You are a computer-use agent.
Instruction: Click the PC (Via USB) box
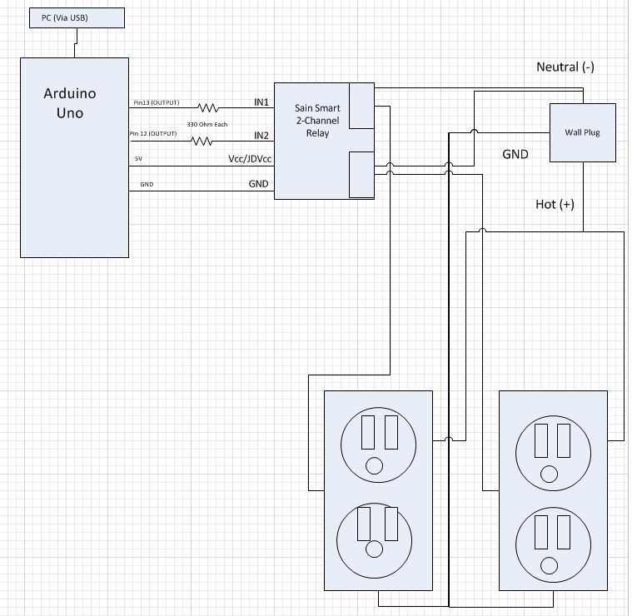tap(76, 17)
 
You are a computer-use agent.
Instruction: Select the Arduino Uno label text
tap(75, 103)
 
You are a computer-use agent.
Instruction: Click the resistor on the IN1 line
tap(207, 107)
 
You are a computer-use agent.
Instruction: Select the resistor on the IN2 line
tap(202, 141)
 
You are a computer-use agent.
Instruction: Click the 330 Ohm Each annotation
tap(208, 124)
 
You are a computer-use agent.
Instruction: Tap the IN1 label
tap(261, 102)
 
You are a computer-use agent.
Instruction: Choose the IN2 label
tap(261, 135)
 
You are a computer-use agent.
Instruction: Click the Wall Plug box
tap(582, 132)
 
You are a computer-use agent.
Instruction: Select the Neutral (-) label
tap(565, 67)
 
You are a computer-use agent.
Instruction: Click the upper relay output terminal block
tap(361, 106)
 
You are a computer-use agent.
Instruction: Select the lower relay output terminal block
tap(361, 174)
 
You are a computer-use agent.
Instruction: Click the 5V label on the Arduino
tap(138, 159)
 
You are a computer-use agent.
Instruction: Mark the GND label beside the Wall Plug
tap(515, 154)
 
